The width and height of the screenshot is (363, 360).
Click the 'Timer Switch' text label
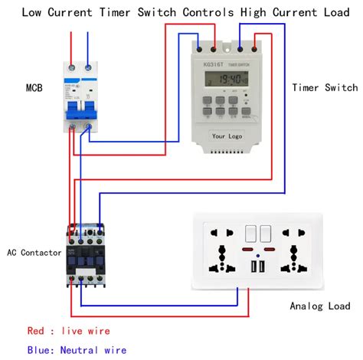click(x=324, y=87)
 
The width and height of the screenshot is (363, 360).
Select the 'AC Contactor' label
click(x=34, y=252)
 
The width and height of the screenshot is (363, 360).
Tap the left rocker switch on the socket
click(x=249, y=233)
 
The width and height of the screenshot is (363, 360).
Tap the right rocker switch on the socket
click(x=265, y=233)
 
